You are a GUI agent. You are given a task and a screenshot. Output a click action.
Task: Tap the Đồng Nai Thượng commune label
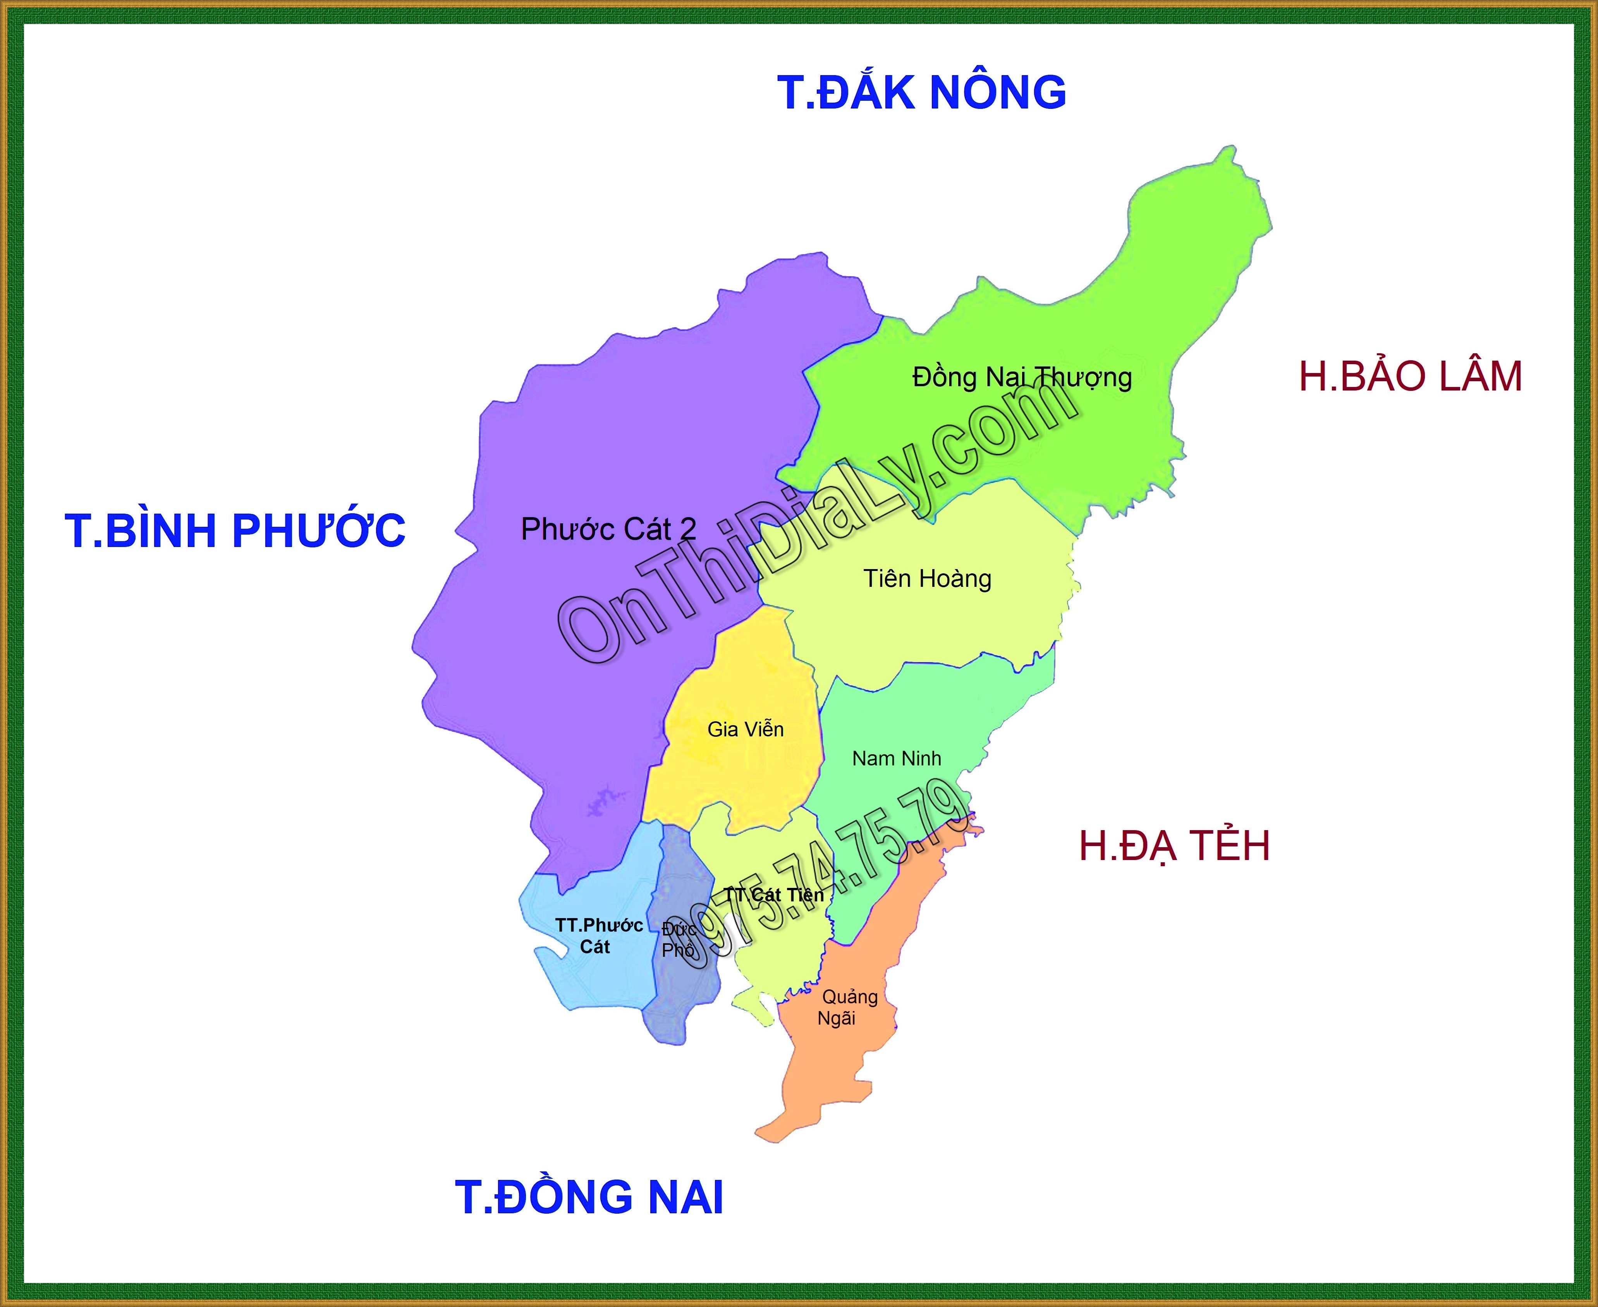(x=1021, y=377)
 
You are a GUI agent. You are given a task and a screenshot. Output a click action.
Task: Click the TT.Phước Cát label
(x=598, y=936)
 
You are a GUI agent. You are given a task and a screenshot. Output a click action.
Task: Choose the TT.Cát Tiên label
(x=774, y=895)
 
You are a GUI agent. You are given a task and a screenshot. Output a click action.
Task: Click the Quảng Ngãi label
(x=848, y=1007)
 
